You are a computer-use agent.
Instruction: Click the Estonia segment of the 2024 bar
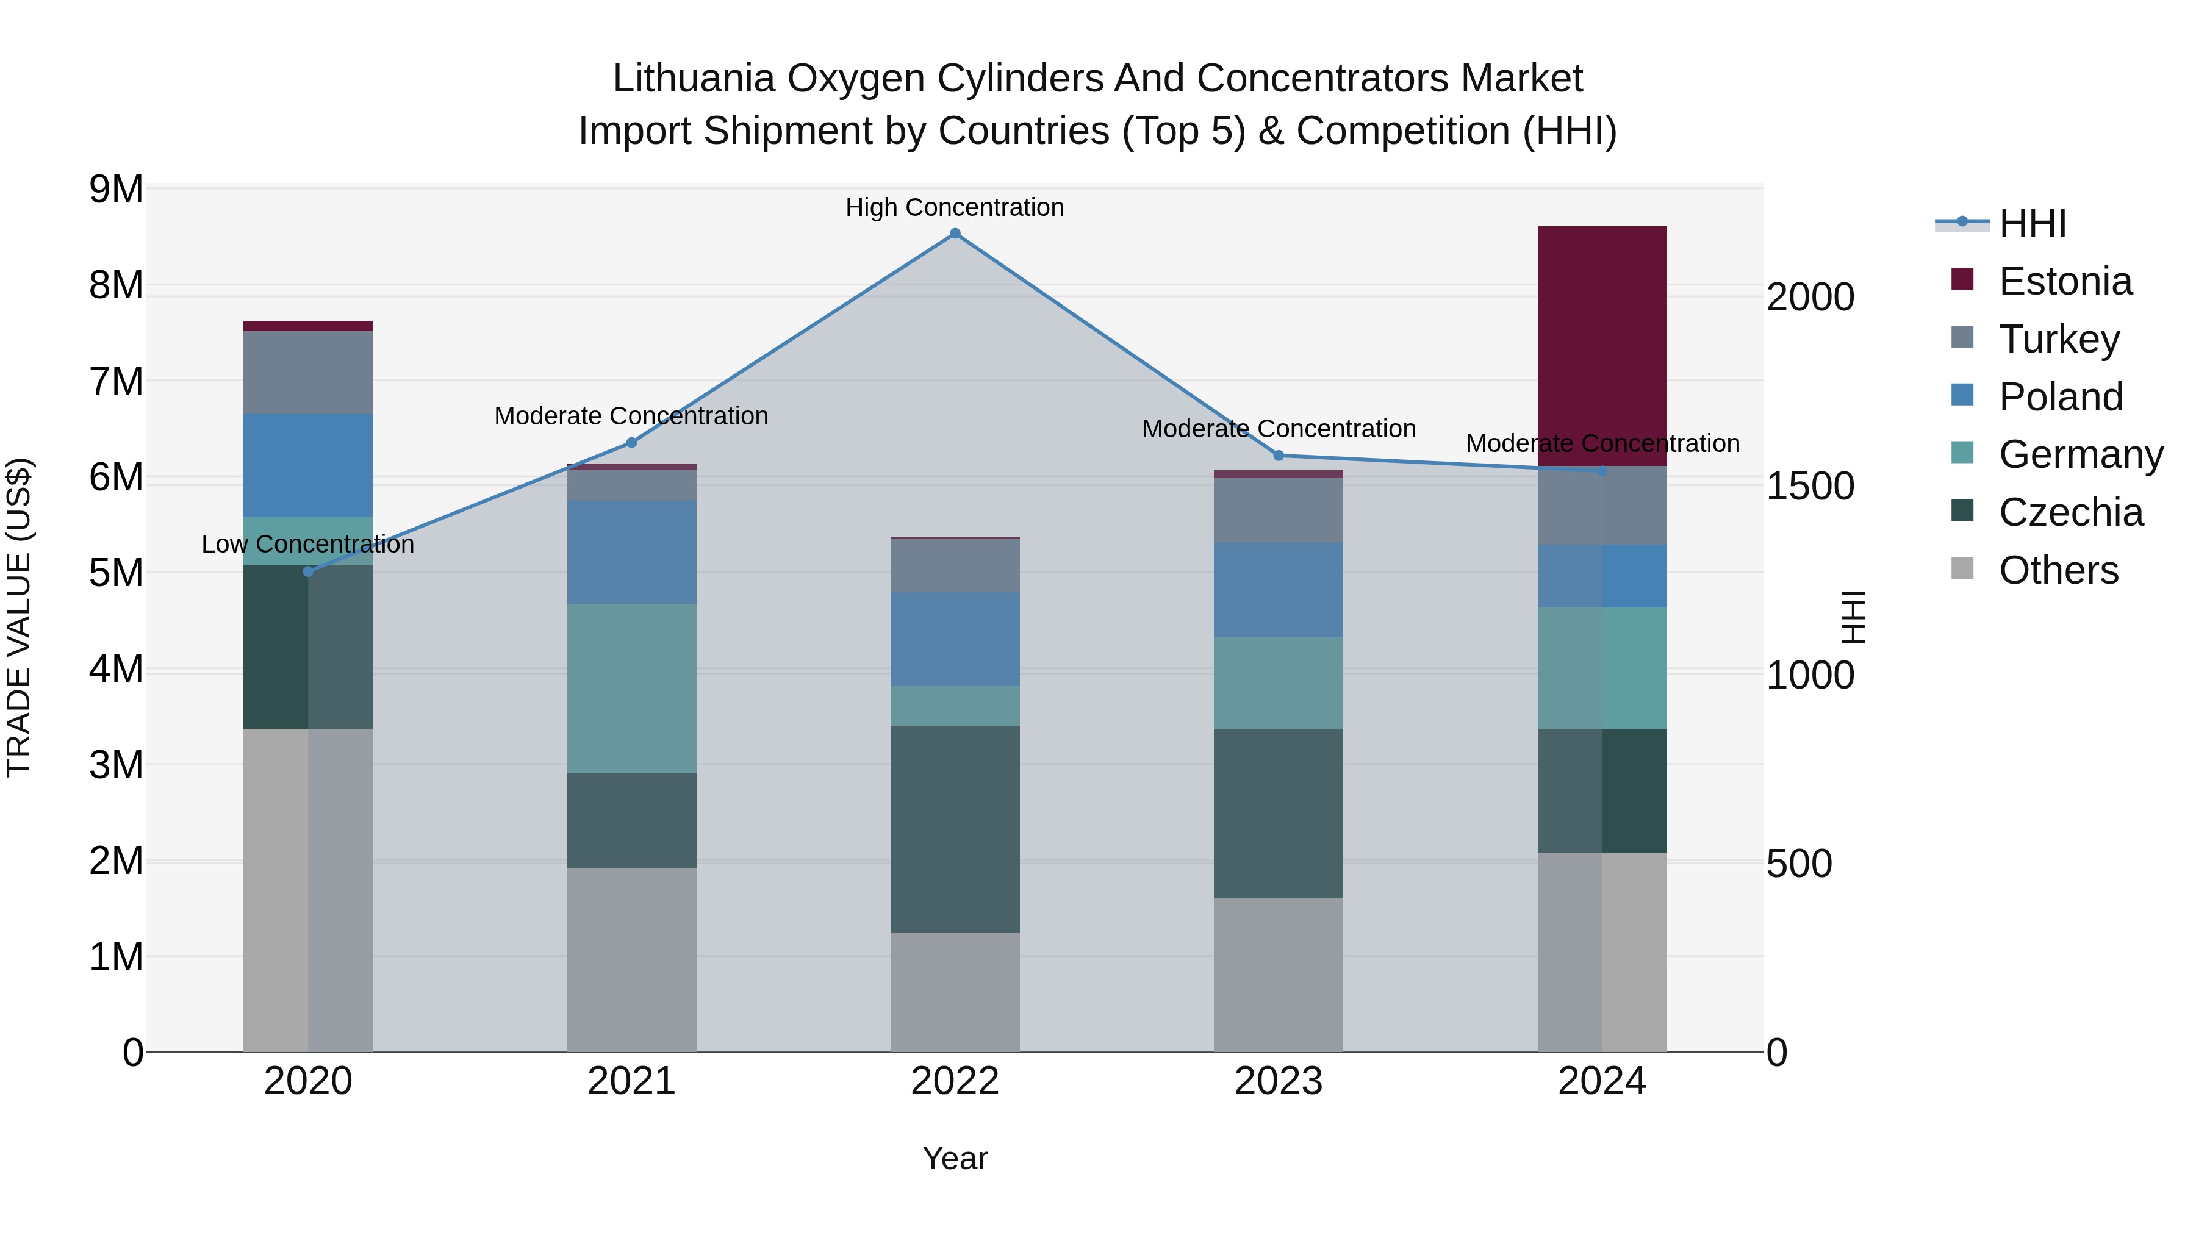(x=1602, y=345)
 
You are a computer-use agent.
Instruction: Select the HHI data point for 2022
(x=955, y=234)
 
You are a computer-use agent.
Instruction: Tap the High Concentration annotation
(x=955, y=207)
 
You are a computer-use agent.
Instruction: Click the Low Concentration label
(x=308, y=544)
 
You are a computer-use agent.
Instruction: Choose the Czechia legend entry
(x=2070, y=512)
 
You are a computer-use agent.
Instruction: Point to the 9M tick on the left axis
(x=116, y=189)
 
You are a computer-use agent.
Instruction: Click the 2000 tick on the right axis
(x=1810, y=298)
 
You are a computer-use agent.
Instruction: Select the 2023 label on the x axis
(x=1278, y=1081)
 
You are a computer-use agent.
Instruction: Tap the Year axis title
(x=955, y=1158)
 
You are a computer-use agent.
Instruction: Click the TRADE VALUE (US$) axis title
(x=19, y=617)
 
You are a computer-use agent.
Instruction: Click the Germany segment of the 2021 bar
(x=632, y=688)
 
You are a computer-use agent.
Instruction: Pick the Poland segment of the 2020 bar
(x=308, y=465)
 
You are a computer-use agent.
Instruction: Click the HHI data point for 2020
(x=308, y=571)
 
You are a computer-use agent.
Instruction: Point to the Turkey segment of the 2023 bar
(x=1278, y=510)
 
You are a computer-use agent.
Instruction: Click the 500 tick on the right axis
(x=1799, y=864)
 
